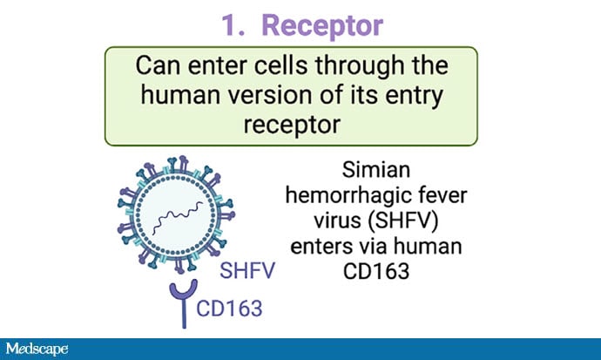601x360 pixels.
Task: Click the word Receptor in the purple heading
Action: coord(322,26)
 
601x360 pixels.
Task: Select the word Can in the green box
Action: coord(158,65)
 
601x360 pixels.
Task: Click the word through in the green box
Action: coord(360,65)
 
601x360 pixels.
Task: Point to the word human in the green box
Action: coord(180,95)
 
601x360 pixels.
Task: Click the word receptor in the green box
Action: coord(292,125)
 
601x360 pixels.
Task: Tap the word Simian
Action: coord(376,169)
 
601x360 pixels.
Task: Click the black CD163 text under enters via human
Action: coord(376,271)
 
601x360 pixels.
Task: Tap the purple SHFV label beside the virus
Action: coord(247,270)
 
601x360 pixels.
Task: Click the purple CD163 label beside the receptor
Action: coord(229,309)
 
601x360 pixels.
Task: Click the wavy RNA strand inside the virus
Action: coord(178,217)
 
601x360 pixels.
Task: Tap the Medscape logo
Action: coord(37,349)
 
